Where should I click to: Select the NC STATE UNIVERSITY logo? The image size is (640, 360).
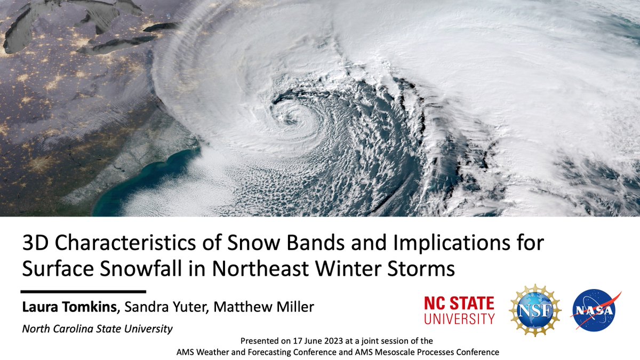(459, 310)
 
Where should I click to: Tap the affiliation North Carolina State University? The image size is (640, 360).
(97, 329)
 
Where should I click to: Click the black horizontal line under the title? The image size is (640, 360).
(83, 292)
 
